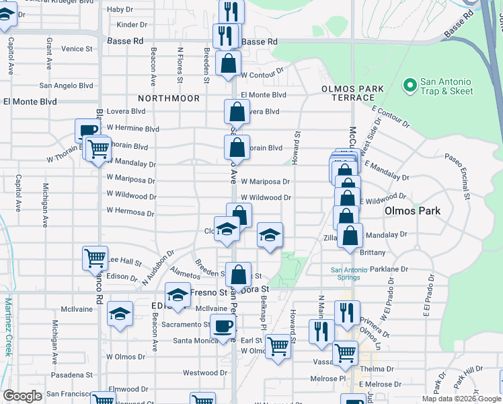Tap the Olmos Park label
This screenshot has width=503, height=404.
click(x=412, y=211)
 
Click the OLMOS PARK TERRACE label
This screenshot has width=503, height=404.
click(x=352, y=93)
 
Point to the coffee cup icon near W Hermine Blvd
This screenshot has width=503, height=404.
click(x=87, y=131)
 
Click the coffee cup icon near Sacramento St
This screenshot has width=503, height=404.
click(x=223, y=327)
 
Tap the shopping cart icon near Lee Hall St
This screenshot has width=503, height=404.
click(x=95, y=258)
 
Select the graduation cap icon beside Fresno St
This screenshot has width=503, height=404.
click(x=178, y=295)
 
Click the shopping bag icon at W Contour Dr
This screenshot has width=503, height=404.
click(x=229, y=64)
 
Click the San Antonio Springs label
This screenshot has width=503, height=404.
click(x=349, y=274)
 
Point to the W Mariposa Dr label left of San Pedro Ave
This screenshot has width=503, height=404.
click(x=131, y=180)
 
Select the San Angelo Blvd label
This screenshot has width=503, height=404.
click(x=66, y=86)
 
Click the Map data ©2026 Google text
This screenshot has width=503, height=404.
click(x=461, y=398)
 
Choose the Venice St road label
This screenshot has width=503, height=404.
click(x=77, y=48)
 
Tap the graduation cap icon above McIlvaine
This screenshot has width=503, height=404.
click(x=120, y=314)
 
